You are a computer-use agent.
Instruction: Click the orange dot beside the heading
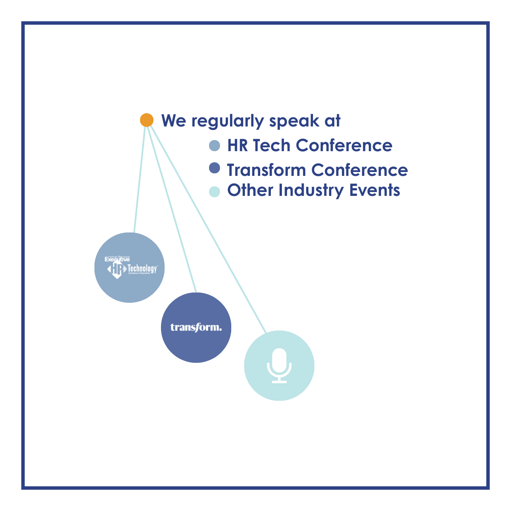(x=146, y=120)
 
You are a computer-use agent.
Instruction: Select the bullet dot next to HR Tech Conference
(x=215, y=146)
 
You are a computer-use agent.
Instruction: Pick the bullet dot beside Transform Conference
(x=215, y=168)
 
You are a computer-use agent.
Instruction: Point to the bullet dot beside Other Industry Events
(x=215, y=191)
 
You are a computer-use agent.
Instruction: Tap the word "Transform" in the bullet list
(x=267, y=170)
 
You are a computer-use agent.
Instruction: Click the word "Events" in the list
(x=375, y=190)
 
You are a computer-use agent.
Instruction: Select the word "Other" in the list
(x=250, y=190)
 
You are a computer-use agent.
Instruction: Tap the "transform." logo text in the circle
(x=196, y=327)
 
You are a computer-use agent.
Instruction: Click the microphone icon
(x=279, y=365)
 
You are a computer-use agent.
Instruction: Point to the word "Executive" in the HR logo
(x=117, y=259)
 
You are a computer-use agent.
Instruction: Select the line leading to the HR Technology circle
(x=140, y=177)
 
